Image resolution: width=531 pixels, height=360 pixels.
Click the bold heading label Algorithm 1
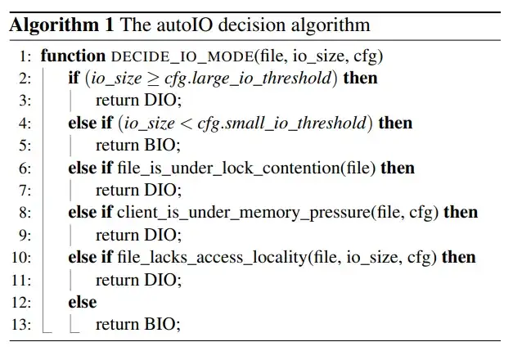[60, 25]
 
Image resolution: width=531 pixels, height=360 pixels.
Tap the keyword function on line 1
[73, 56]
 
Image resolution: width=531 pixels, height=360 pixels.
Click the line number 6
[25, 169]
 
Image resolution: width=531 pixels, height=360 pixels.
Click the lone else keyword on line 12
[83, 302]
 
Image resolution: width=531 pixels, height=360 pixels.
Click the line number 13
[21, 325]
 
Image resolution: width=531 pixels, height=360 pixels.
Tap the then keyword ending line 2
[360, 79]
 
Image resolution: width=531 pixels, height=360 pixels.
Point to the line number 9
[25, 236]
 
